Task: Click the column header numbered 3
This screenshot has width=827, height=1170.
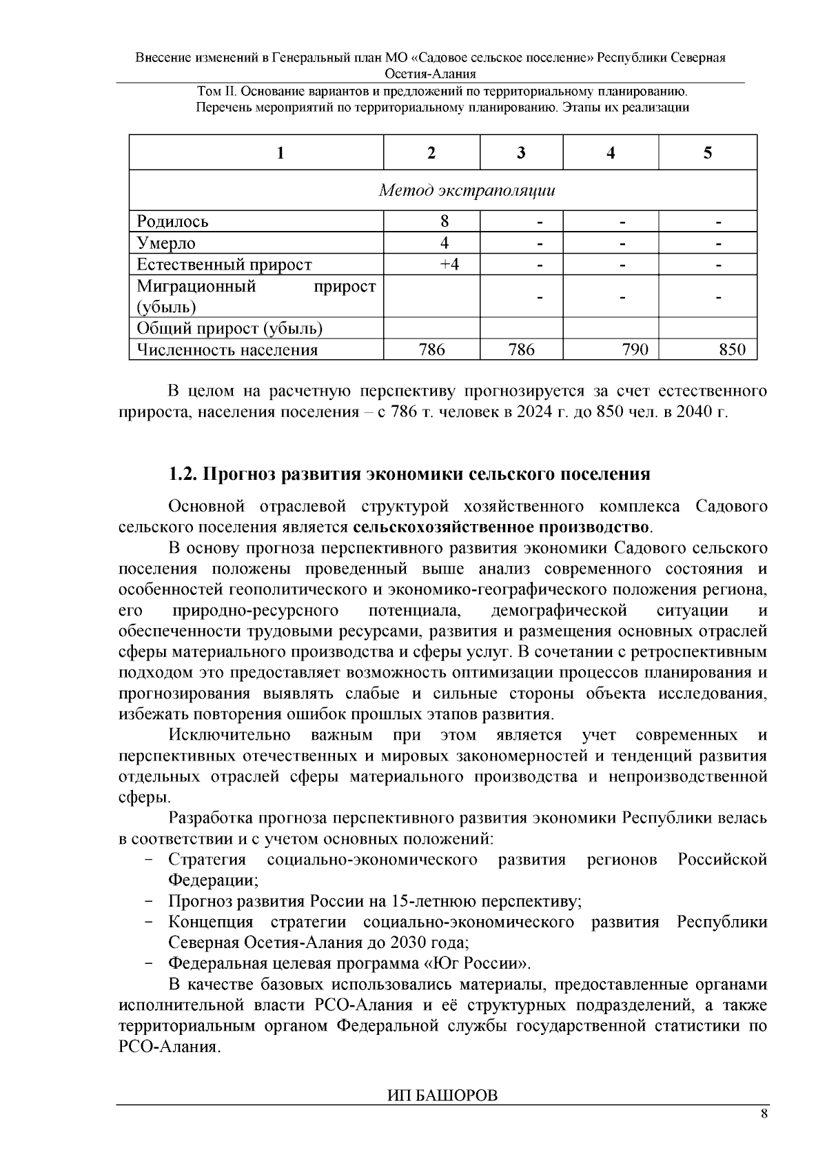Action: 521,153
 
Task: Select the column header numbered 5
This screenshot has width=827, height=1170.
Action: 708,153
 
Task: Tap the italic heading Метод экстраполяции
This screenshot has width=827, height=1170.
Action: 467,190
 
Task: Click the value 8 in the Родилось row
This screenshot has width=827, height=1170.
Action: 445,221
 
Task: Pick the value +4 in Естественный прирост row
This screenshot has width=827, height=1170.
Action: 449,264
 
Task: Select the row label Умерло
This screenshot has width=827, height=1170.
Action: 166,243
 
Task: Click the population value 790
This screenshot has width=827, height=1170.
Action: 635,350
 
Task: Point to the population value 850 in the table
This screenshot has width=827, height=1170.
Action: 732,350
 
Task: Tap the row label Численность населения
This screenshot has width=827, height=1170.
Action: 227,350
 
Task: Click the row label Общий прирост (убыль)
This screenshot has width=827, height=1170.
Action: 229,328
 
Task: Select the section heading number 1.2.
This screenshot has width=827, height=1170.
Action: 182,474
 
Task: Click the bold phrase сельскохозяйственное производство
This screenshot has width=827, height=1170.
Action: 501,527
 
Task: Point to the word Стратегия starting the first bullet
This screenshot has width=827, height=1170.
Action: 207,860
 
